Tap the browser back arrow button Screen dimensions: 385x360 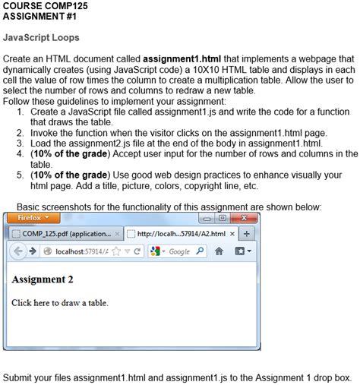(x=20, y=250)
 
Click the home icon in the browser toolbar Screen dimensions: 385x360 (x=218, y=251)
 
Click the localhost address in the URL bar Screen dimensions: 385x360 (x=67, y=251)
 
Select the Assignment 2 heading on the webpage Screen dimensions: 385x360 (x=43, y=279)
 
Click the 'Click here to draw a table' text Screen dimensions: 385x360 (x=60, y=302)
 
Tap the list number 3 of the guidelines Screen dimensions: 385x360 (x=19, y=142)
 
